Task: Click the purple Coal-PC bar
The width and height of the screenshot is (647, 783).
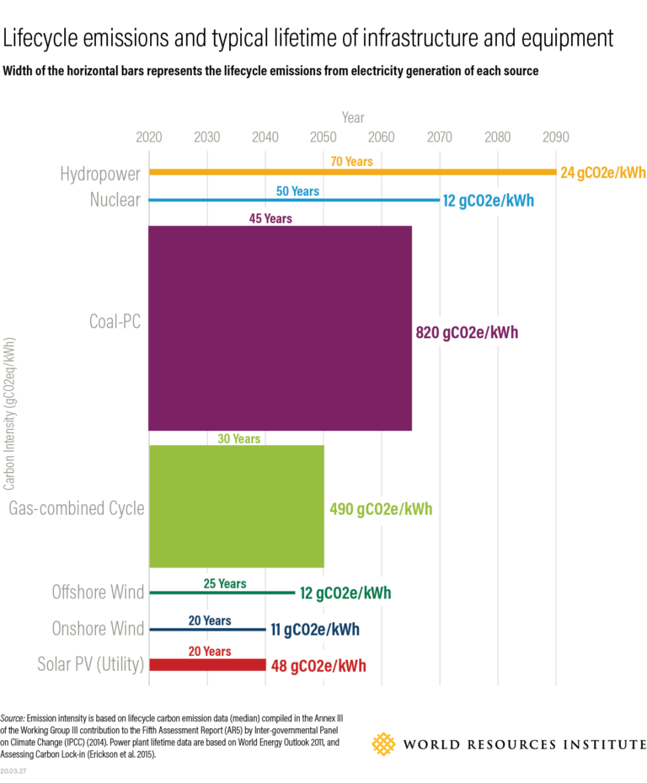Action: (x=280, y=328)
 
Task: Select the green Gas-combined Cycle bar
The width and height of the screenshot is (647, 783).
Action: (x=236, y=506)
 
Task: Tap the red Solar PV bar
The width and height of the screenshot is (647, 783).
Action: (x=207, y=665)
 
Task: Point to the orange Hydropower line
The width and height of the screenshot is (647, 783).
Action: (x=352, y=172)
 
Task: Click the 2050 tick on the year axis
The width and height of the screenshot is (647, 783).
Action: (x=323, y=137)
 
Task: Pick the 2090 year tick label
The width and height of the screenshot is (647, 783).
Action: (x=556, y=137)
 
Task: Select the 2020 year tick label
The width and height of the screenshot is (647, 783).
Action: (x=149, y=137)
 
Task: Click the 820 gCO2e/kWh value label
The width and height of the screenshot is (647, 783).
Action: (x=467, y=332)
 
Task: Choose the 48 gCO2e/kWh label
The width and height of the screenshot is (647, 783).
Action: (x=318, y=666)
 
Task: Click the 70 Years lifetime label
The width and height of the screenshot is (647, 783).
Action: (x=351, y=161)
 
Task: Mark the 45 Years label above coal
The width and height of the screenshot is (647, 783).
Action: (x=270, y=218)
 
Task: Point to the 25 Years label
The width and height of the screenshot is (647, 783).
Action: (x=225, y=583)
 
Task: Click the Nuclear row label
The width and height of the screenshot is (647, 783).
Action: (x=115, y=201)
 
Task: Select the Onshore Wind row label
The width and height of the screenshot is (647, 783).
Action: (x=98, y=629)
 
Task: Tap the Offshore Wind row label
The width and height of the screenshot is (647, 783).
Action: (x=98, y=593)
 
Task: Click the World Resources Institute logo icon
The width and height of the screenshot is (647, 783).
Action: (x=384, y=744)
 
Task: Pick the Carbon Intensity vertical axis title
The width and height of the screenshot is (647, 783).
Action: (x=9, y=414)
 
